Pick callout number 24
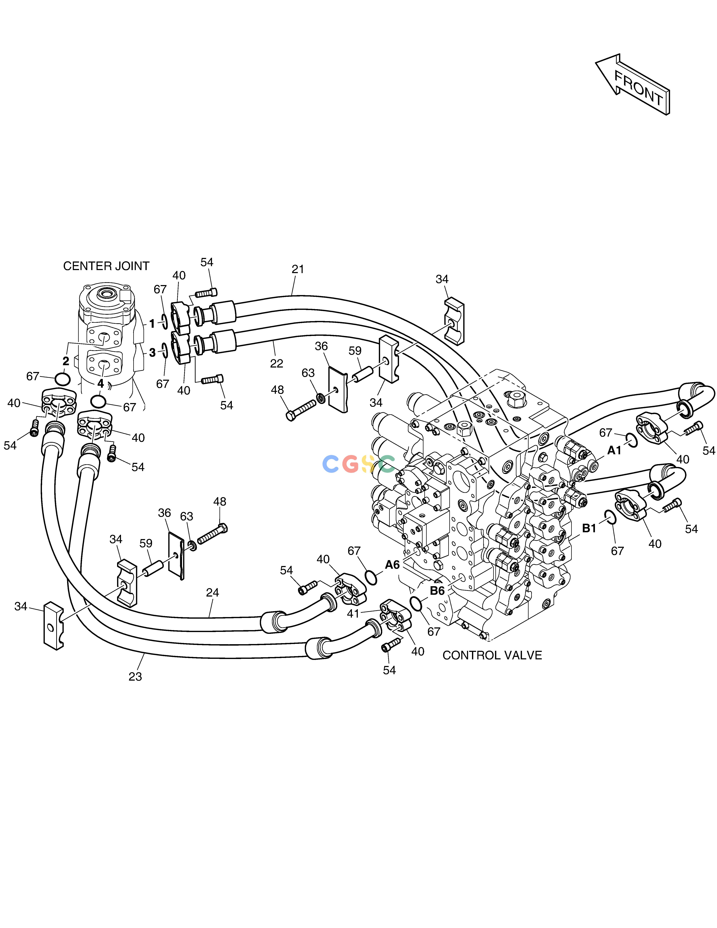[x=212, y=592]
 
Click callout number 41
[x=353, y=613]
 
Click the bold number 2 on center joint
[x=66, y=361]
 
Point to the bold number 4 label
[x=101, y=384]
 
